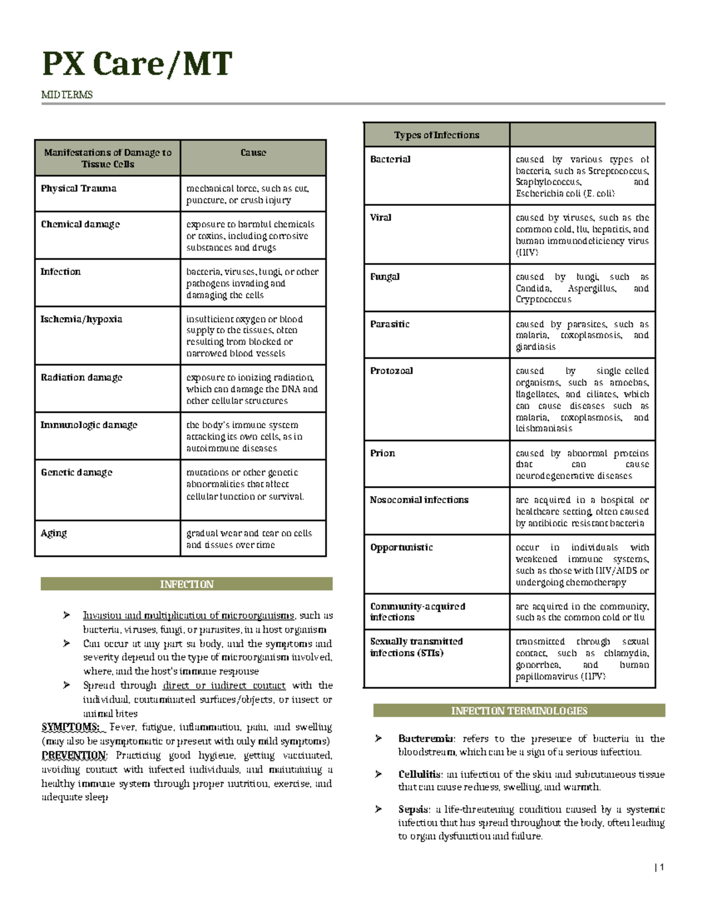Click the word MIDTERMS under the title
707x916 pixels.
pos(67,95)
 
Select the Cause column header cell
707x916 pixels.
pos(253,153)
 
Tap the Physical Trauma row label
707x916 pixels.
pos(78,189)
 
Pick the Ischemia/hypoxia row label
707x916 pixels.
pos(81,319)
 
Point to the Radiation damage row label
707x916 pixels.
pos(81,377)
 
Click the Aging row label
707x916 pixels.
pos(54,533)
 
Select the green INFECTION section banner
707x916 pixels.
pos(186,584)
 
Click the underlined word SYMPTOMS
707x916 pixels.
pos(70,727)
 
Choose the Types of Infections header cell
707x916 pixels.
pos(437,135)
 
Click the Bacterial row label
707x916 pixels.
pos(390,159)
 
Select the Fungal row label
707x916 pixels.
pos(385,277)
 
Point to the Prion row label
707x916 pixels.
pos(382,453)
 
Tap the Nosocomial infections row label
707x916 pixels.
pos(419,500)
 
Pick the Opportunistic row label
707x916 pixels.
pos(401,547)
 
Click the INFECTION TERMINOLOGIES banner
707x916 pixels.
pos(519,711)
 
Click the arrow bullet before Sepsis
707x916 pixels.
pos(379,809)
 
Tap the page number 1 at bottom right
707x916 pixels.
pos(661,867)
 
